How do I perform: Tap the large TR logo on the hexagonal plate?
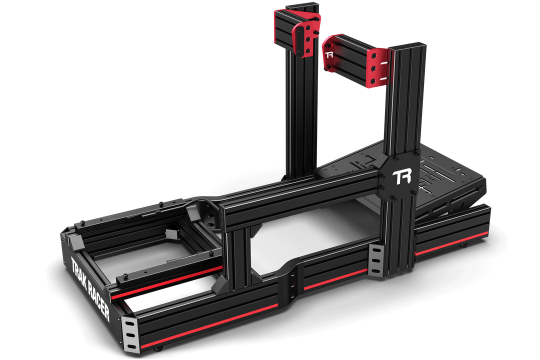click(x=401, y=177)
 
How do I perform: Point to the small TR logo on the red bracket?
click(x=329, y=54)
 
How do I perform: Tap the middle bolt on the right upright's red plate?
click(x=373, y=68)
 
